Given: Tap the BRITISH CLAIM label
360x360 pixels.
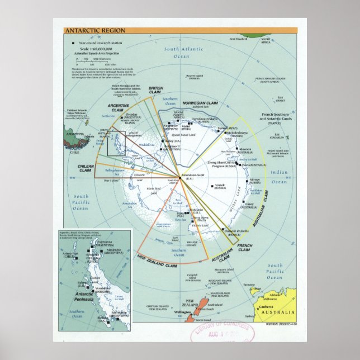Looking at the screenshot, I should coord(155,91).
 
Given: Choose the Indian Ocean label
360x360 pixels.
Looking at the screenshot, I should coord(280,177).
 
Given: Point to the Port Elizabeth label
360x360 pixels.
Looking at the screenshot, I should coord(236,39).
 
